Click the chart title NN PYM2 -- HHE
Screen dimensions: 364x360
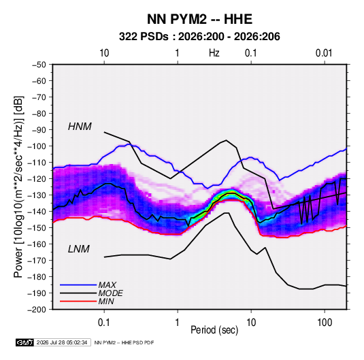coord(199,19)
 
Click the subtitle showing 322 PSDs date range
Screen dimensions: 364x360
coord(199,37)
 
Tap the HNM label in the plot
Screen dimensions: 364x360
coord(80,127)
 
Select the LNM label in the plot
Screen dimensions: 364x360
coord(79,249)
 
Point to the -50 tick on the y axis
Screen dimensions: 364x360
coord(39,65)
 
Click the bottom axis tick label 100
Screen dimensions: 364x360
coord(325,322)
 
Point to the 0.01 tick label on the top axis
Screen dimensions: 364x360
coord(324,53)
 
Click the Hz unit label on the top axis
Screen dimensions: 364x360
coord(214,53)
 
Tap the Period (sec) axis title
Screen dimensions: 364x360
coord(214,330)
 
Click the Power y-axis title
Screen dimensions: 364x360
coord(18,186)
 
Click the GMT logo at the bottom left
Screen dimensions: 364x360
coord(25,342)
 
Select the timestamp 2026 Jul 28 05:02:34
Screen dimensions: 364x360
coord(62,342)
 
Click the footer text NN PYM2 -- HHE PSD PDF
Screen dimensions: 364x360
coord(125,342)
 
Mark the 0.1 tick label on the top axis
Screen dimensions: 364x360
coord(251,53)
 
